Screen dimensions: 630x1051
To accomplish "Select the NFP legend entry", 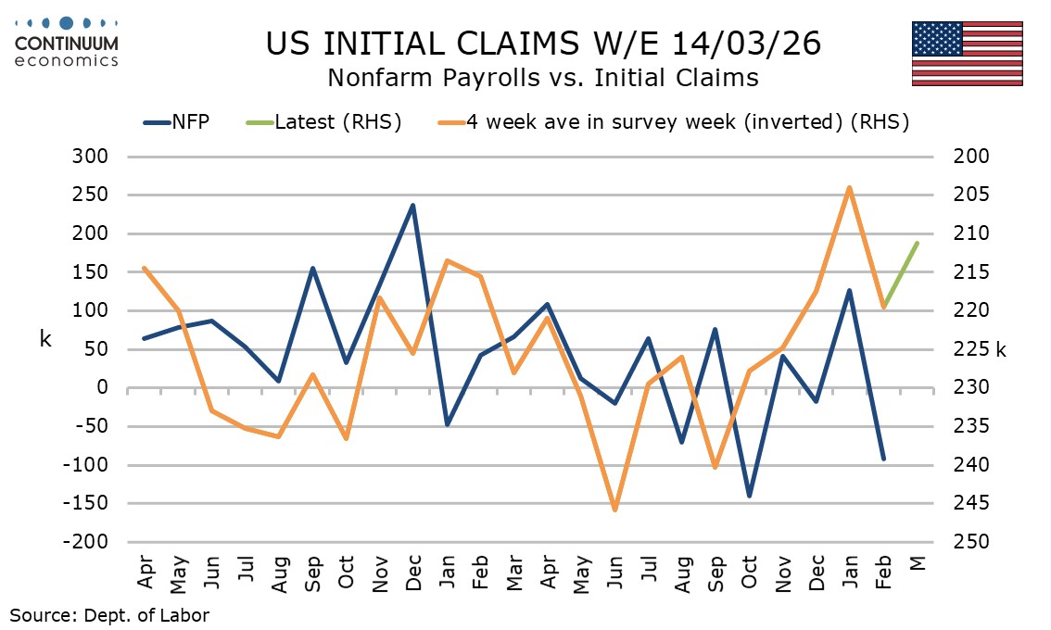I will pos(175,122).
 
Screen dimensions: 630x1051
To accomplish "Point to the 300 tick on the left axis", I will pos(92,157).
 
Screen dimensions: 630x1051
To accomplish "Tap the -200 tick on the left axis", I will pos(88,542).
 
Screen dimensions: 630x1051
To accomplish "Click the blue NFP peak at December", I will pos(412,205).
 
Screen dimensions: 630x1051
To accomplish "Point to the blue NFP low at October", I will pos(749,496).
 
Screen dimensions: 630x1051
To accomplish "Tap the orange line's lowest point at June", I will pos(614,510).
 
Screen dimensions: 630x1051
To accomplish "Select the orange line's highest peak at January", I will pos(850,188).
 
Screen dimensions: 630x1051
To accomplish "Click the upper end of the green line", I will pos(918,243).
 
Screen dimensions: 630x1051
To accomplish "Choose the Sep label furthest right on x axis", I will pos(716,576).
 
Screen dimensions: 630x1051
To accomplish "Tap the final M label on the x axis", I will pos(918,567).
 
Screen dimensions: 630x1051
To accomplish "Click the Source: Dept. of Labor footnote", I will pos(109,615).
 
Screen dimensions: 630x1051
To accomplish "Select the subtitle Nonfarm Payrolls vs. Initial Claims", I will pos(542,79).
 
